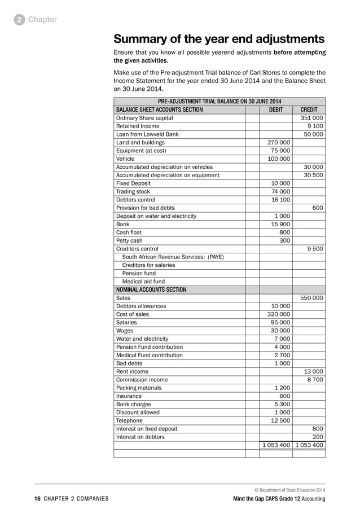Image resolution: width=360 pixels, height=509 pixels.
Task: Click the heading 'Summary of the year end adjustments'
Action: tap(219, 39)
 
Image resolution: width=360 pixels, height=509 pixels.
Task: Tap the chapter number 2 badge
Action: tap(19, 20)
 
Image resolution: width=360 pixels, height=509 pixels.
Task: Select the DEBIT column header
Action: tap(275, 109)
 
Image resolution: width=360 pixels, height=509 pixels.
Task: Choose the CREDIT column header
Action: tap(309, 109)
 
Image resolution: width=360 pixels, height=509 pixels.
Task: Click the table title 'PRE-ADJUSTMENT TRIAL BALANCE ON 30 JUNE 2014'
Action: tap(219, 102)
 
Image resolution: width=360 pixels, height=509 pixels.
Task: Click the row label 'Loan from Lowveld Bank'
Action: tap(147, 134)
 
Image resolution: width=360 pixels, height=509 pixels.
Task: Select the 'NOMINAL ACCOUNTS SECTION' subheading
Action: tap(151, 289)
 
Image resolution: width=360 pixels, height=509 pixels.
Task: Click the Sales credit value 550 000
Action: tap(311, 297)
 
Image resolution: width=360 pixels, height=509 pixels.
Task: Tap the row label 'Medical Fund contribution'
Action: tap(149, 355)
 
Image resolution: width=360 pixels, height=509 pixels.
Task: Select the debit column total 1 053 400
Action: tap(276, 445)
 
